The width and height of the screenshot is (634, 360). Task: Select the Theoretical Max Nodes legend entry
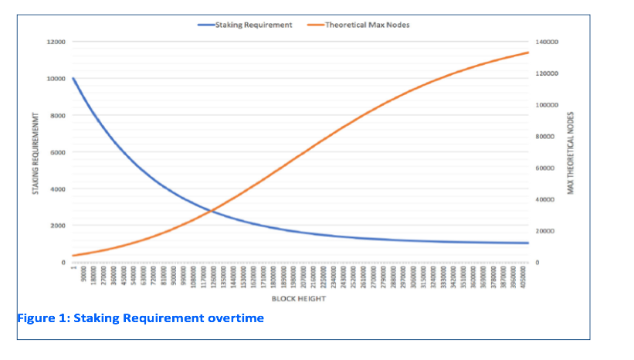[x=367, y=25]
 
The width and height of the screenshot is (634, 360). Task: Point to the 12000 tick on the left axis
[x=56, y=42]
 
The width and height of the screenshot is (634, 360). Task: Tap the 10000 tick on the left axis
[x=56, y=79]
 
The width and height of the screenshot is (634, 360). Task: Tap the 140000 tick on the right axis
[x=546, y=42]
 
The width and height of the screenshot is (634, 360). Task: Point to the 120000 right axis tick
[x=546, y=73]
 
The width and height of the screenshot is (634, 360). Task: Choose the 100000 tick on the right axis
[x=546, y=105]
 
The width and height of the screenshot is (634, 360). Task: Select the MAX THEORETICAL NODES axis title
[x=571, y=152]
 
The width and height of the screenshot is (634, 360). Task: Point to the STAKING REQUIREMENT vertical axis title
[x=36, y=152]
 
